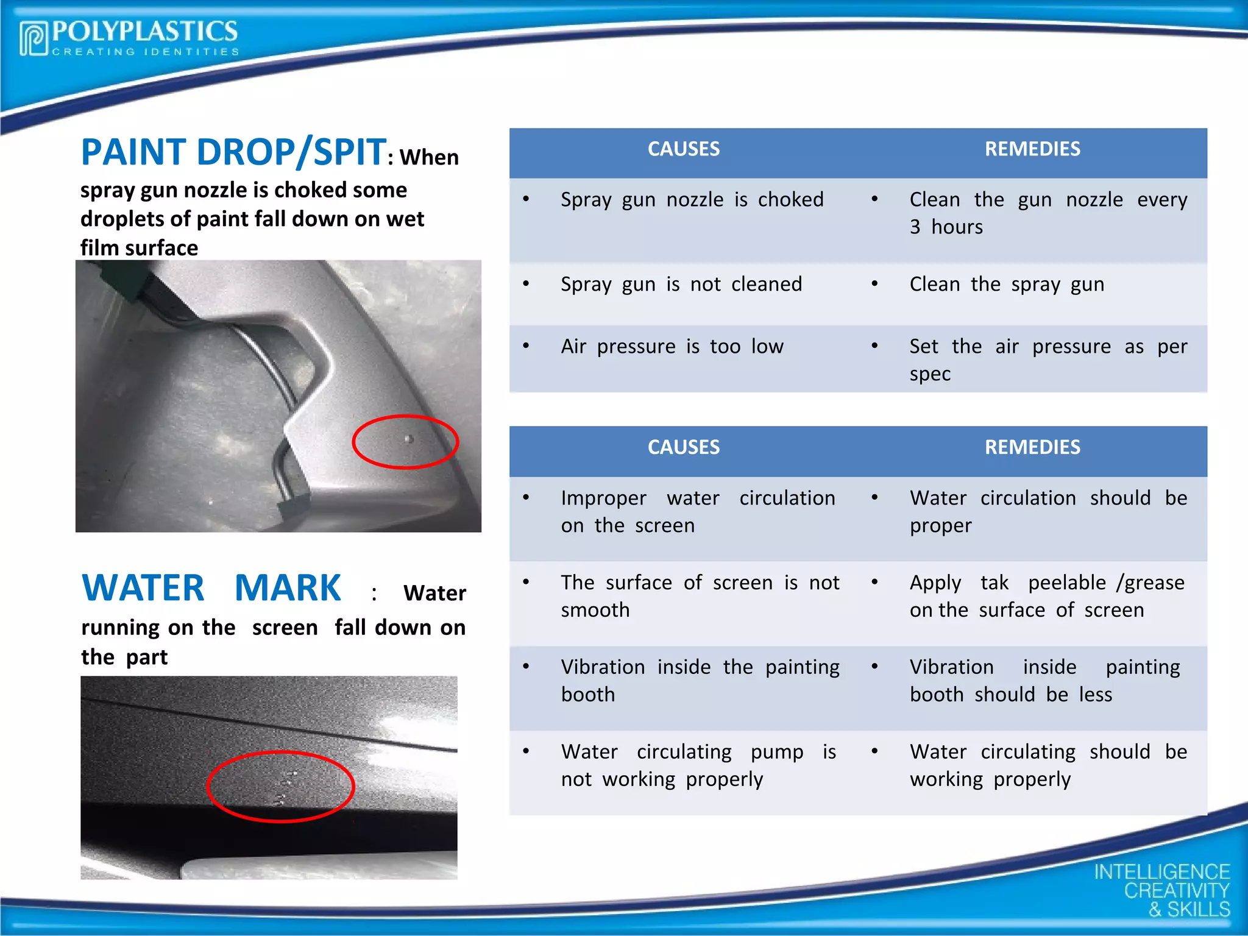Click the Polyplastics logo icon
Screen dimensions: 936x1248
(x=34, y=39)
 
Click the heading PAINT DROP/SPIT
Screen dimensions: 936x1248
(x=233, y=152)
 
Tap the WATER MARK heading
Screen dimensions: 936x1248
(x=211, y=589)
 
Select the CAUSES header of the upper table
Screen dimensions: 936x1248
(x=683, y=149)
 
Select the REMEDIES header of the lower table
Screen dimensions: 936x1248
(x=1032, y=447)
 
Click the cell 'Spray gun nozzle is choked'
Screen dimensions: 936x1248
(x=692, y=200)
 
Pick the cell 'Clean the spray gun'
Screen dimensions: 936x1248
(x=1007, y=285)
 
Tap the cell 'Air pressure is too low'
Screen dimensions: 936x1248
(x=672, y=347)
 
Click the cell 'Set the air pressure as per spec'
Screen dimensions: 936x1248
(x=1048, y=360)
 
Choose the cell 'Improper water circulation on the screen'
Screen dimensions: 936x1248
(x=698, y=512)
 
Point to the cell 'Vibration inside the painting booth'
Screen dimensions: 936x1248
(x=700, y=681)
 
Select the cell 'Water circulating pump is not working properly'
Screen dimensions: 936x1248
(x=698, y=765)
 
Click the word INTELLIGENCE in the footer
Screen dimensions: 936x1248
(x=1161, y=872)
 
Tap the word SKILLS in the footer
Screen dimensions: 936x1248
(x=1199, y=910)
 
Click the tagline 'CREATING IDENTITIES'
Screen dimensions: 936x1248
(x=146, y=52)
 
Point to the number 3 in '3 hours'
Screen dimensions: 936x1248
(x=915, y=227)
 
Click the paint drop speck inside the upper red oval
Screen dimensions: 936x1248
(x=409, y=439)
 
